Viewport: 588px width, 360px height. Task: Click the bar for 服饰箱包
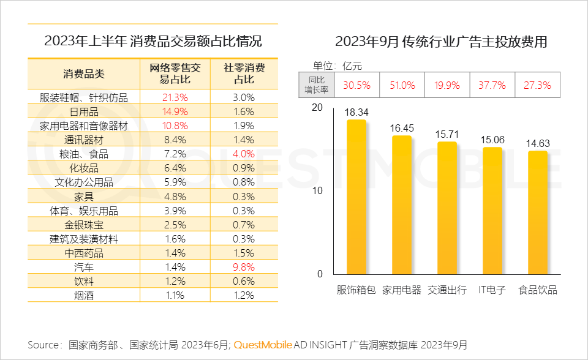point(356,196)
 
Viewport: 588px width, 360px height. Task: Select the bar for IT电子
point(492,210)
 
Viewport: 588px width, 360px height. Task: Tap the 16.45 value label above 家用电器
point(402,129)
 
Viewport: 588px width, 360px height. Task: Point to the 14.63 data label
point(537,143)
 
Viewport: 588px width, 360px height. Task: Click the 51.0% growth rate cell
point(402,85)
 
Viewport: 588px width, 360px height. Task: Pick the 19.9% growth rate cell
point(447,85)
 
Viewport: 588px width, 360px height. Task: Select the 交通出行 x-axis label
point(447,290)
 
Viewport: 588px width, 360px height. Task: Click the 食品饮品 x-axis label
point(538,290)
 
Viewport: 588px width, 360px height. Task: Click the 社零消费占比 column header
point(244,73)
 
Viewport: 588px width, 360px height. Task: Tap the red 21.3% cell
point(175,97)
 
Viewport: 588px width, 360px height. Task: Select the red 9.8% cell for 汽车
point(244,267)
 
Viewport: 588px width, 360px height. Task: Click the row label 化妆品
point(84,168)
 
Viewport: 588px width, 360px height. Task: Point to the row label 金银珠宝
point(84,225)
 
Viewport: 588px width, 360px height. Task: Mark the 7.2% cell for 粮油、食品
point(175,154)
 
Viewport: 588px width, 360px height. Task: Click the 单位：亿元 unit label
point(338,66)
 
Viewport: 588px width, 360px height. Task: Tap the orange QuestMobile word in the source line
point(263,344)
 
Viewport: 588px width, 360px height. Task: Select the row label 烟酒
point(84,295)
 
